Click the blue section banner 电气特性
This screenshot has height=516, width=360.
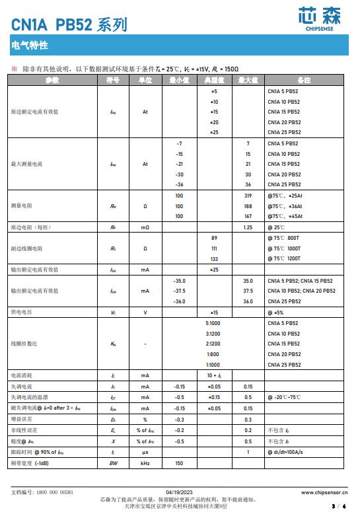(x=29, y=46)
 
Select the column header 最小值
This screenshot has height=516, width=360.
(x=179, y=80)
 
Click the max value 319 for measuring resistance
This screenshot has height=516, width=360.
(x=248, y=196)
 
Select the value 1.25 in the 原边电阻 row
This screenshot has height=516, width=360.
(x=248, y=227)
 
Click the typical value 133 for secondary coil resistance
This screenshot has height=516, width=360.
(x=213, y=259)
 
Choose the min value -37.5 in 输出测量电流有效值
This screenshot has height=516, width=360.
(x=179, y=291)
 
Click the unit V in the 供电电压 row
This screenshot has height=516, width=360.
(x=145, y=312)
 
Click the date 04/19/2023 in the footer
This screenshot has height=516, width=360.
(x=179, y=492)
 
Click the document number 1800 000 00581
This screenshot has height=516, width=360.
(x=52, y=492)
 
